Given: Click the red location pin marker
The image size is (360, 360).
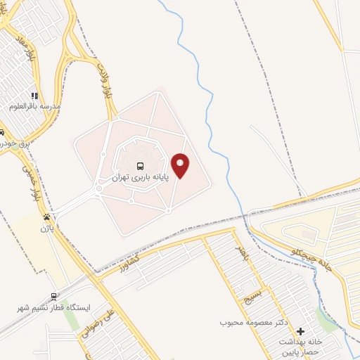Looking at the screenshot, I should pos(181,165).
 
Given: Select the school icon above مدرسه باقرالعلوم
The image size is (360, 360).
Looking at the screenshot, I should pos(33,96).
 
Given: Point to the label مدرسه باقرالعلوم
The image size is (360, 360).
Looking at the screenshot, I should pos(35,106).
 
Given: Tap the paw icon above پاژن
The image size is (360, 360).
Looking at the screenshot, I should pos(46,217).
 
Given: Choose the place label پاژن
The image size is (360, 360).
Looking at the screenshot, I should pos(46,228).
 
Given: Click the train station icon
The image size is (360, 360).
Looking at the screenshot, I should pos(53,297).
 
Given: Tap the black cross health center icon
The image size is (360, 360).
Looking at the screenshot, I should pos(301,330).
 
